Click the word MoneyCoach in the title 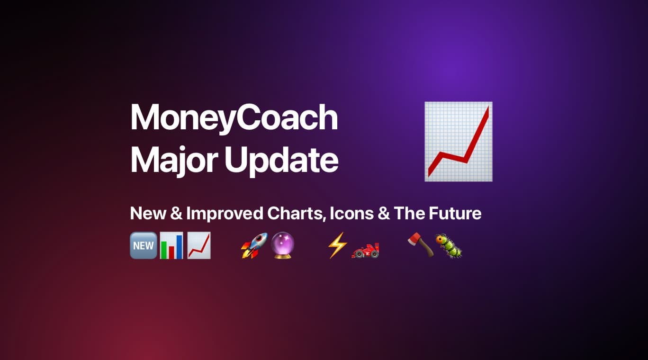tap(234, 118)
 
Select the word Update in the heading tap(281, 161)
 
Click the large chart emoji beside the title tap(459, 142)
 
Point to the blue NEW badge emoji tap(144, 245)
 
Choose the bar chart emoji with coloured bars tap(171, 245)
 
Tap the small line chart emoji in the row tap(199, 245)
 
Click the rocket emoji tap(254, 245)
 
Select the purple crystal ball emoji tap(283, 245)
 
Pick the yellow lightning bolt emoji tap(337, 245)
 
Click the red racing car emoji tap(365, 251)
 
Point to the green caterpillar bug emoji tap(449, 246)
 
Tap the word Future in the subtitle tap(455, 213)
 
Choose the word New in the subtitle tap(148, 213)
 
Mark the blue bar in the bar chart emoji tap(180, 247)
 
